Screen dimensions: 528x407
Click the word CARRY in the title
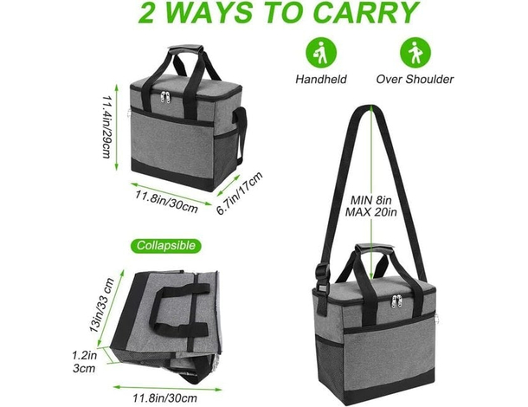(x=365, y=12)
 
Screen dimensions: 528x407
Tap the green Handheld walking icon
(x=321, y=53)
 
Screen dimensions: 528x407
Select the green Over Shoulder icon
(x=415, y=53)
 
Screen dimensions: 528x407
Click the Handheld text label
(x=321, y=79)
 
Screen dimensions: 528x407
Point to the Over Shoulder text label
(x=415, y=79)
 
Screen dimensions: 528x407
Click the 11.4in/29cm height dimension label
(x=106, y=126)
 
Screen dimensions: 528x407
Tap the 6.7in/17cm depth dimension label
(x=239, y=193)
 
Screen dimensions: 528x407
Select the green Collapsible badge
(x=165, y=245)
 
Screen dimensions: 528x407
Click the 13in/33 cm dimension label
(x=101, y=305)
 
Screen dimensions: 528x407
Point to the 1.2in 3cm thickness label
(x=84, y=361)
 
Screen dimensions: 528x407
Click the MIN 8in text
(x=370, y=200)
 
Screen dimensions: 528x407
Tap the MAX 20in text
(x=370, y=212)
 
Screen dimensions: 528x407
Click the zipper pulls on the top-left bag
(x=165, y=97)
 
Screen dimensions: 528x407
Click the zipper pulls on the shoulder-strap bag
(x=397, y=300)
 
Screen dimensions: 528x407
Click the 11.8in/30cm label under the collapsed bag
(x=164, y=398)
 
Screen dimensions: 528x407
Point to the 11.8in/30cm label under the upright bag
(x=167, y=201)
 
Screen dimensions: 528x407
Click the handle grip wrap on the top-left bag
(x=187, y=49)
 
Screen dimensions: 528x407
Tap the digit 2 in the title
(x=145, y=12)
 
